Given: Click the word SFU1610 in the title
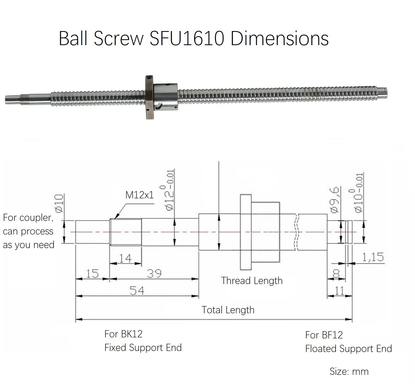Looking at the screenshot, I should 187,38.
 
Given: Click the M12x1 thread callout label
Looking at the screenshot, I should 139,195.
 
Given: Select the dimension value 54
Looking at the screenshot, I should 137,291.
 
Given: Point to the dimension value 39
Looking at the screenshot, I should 154,273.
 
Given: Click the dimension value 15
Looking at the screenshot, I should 92,273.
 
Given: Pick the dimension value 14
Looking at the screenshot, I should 125,258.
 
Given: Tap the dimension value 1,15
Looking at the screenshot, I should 373,257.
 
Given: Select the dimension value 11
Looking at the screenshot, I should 339,291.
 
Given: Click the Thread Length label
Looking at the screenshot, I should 252,281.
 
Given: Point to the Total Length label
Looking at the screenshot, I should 228,310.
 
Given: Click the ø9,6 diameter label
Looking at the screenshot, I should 335,200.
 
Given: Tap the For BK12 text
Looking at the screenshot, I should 123,334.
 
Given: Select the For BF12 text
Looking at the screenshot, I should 324,335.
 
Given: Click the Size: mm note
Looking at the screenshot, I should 349,371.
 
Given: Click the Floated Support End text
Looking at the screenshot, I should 348,349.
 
